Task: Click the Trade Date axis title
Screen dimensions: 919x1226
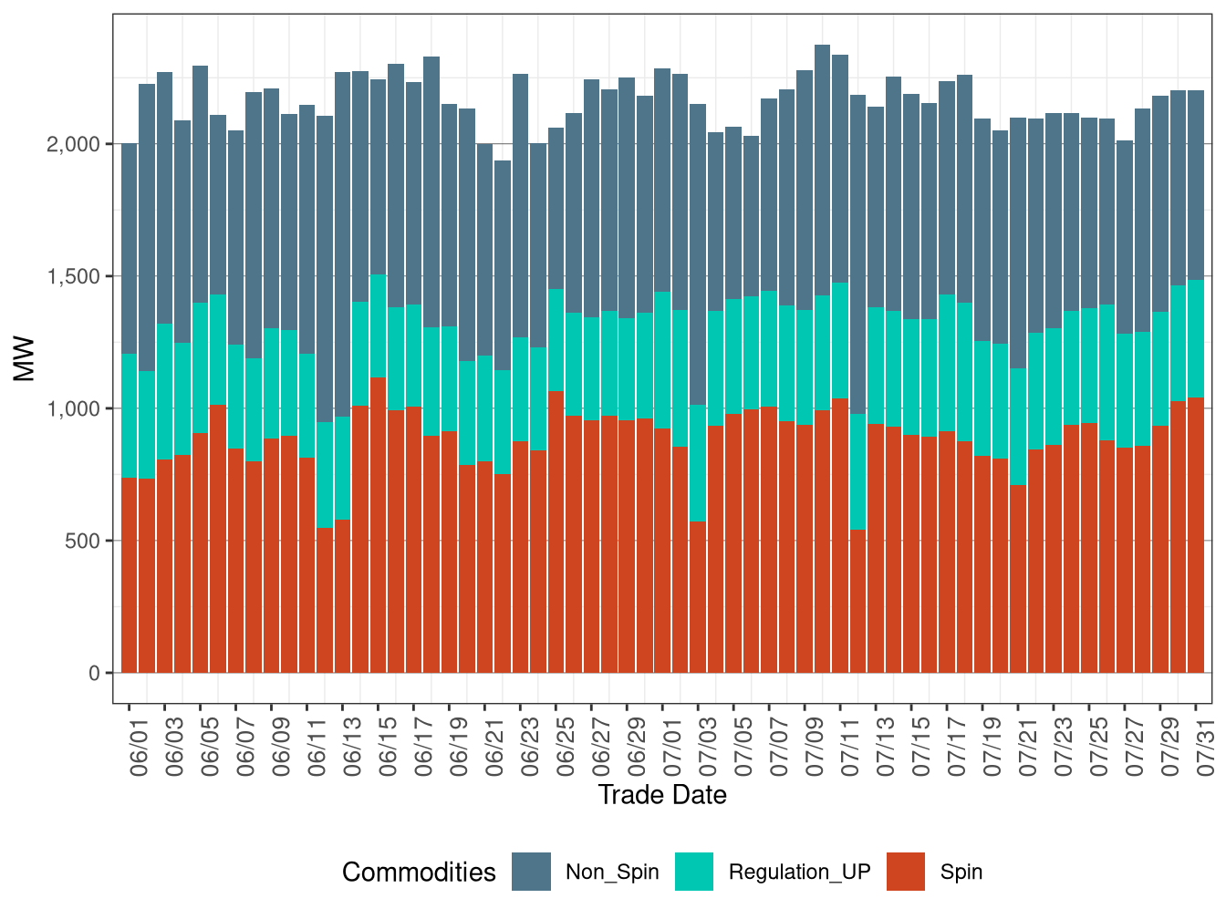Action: pyautogui.click(x=662, y=795)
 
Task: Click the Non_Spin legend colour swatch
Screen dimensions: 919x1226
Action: pyautogui.click(x=531, y=872)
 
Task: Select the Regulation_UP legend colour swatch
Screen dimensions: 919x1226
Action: pyautogui.click(x=694, y=872)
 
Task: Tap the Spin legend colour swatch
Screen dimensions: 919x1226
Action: pyautogui.click(x=906, y=872)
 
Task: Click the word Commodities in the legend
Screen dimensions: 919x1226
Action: pyautogui.click(x=419, y=873)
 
